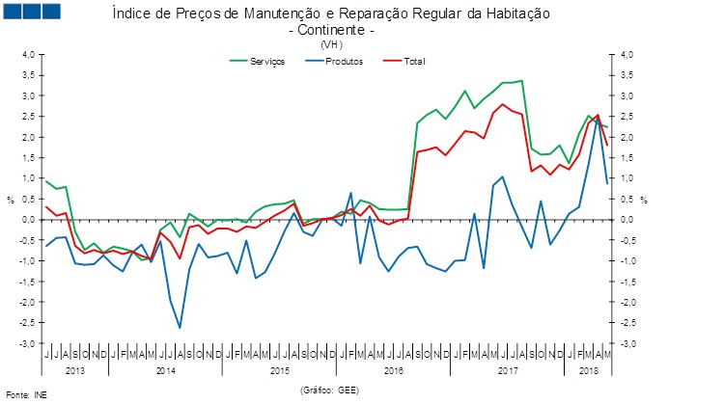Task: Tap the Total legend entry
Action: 412,62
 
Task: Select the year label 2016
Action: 393,370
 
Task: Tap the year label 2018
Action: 587,370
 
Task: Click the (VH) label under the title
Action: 331,44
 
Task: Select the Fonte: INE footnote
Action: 26,395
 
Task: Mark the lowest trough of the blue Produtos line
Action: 180,328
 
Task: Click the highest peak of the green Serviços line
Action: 522,81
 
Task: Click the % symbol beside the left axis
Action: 11,200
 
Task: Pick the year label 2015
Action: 279,370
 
